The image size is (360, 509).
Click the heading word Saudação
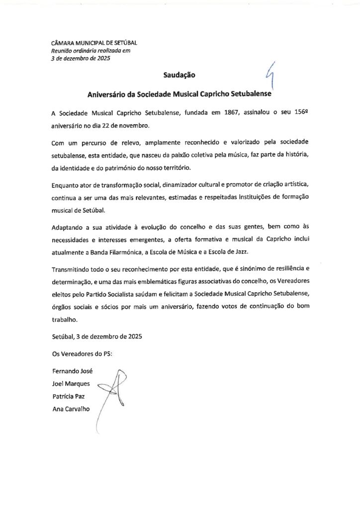pos(180,76)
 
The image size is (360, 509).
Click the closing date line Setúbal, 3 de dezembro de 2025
pos(97,337)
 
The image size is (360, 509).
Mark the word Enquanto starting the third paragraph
pos(67,185)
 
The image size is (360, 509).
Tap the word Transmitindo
pos(72,270)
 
